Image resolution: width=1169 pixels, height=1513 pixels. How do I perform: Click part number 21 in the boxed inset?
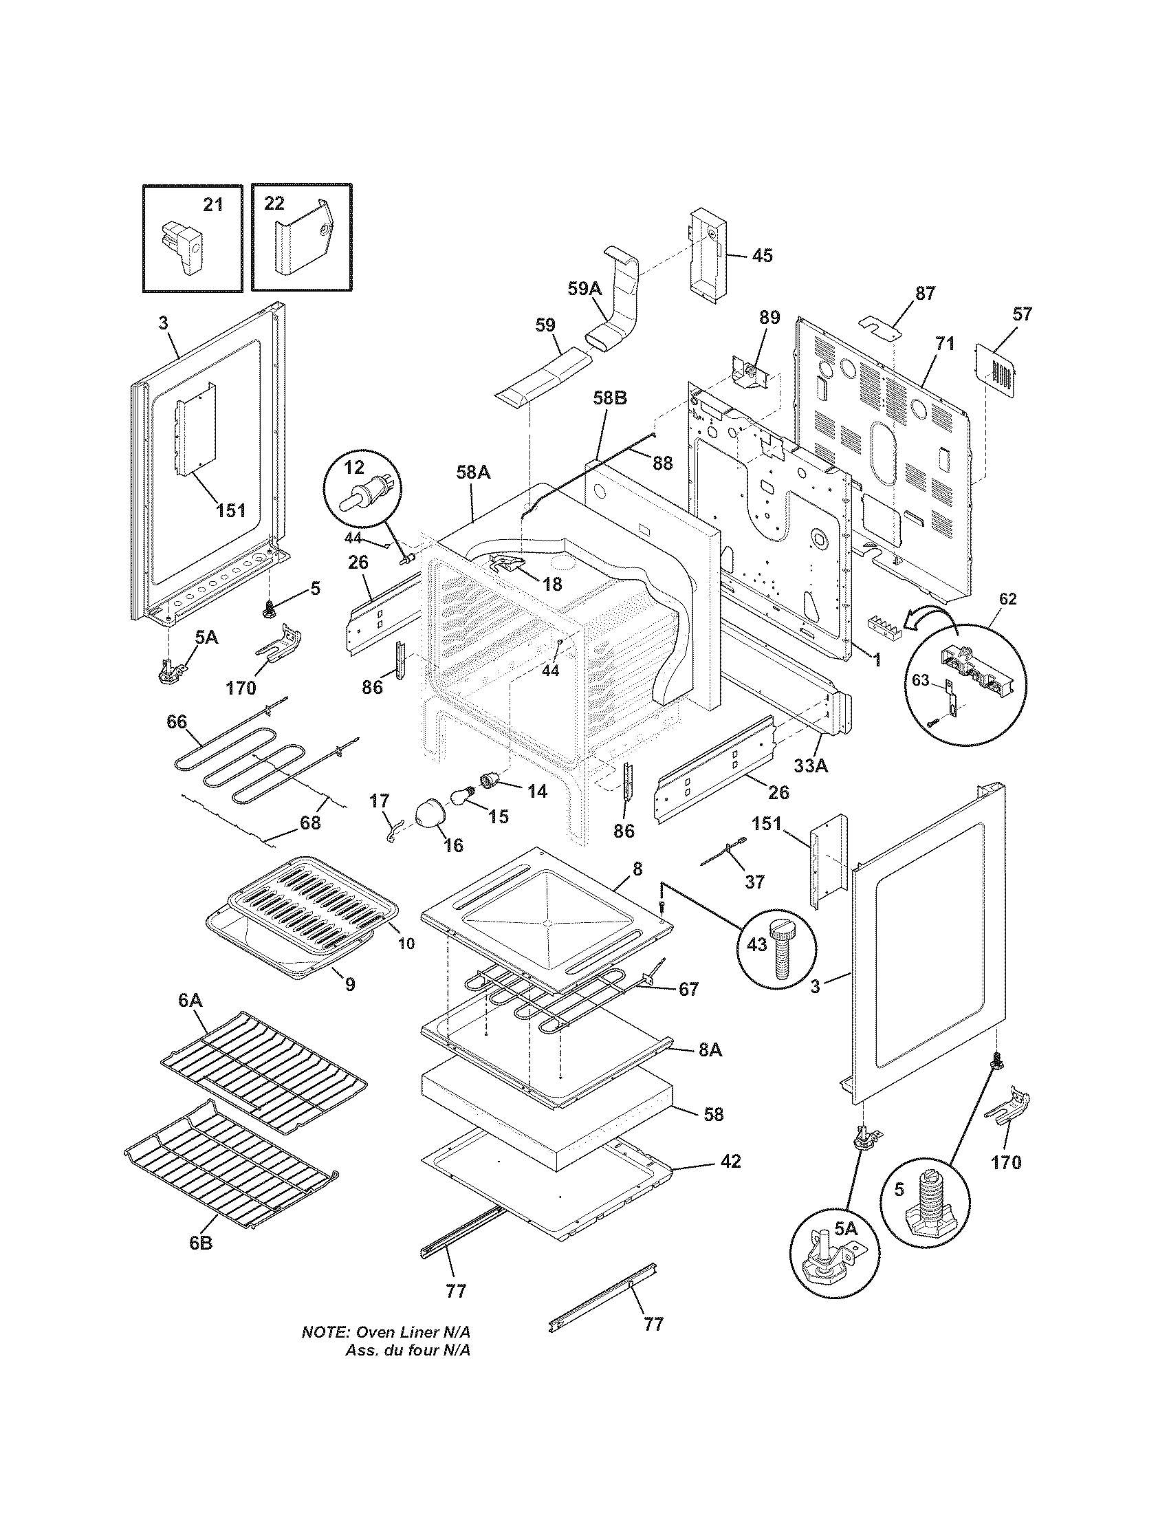[212, 205]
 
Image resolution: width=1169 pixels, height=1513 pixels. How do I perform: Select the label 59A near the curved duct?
[584, 289]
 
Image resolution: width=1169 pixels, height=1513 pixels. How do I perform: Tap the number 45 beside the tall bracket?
[762, 256]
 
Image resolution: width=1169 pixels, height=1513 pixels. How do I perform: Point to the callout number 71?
[946, 343]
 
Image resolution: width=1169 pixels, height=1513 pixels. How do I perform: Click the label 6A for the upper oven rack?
[190, 1000]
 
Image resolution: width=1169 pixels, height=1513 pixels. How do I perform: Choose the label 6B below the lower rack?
[201, 1243]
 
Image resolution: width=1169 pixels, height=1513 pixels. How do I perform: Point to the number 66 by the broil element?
[177, 722]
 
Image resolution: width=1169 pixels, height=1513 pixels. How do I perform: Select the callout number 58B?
[610, 417]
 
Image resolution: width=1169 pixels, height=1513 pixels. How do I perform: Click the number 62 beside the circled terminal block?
[1007, 599]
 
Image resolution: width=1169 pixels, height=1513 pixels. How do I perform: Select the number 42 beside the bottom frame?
[730, 1161]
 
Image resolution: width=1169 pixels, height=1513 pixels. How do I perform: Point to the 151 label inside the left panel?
[230, 510]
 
